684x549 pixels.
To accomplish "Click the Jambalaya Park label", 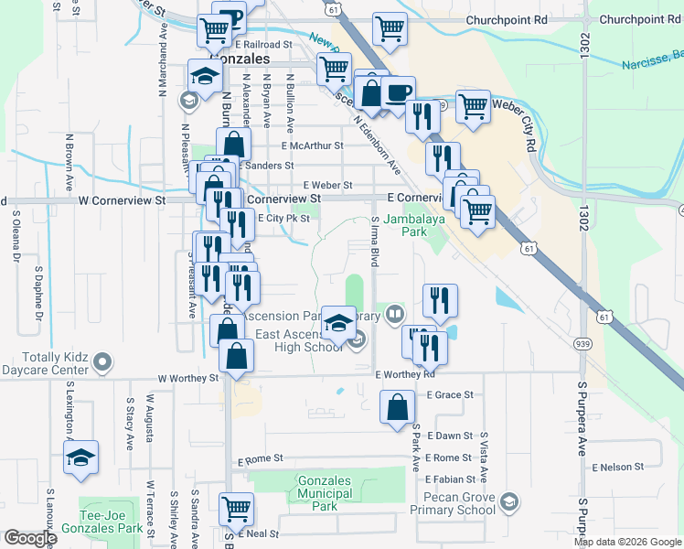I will coord(405,225).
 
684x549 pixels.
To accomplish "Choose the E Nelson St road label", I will coord(618,468).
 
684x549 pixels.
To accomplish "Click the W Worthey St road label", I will coord(188,377).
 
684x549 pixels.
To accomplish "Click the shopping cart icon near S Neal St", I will coord(237,507).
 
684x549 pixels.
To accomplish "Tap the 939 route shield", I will coord(582,343).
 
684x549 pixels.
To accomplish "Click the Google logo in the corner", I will coord(29,538).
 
